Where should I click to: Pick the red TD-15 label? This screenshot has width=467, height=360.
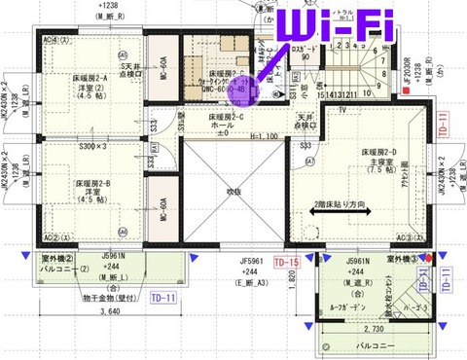coord(285,263)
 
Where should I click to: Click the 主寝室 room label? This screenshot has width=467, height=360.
coord(374,162)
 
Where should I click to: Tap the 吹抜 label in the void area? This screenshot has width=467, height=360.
coord(230,193)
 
